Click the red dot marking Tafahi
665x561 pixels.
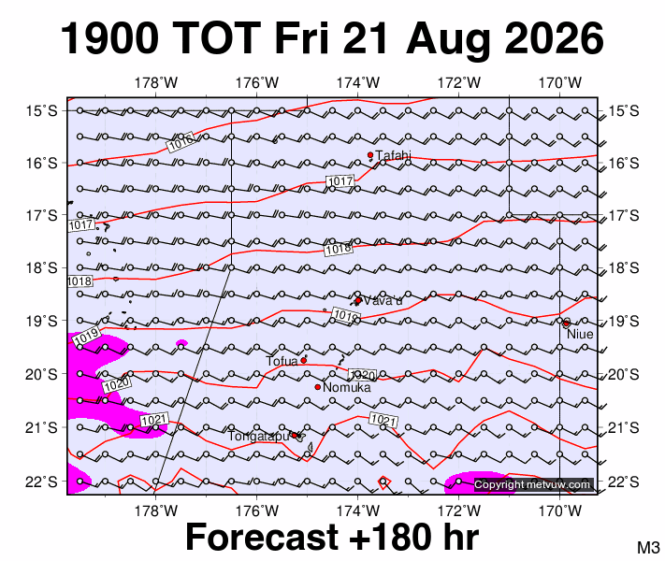(370, 155)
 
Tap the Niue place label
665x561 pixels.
(580, 334)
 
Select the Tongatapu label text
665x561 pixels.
(258, 436)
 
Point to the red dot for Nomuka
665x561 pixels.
(318, 387)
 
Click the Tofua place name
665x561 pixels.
(282, 361)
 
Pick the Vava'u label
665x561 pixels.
(383, 301)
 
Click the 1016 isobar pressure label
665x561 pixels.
(181, 141)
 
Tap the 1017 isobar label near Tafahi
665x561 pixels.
(340, 181)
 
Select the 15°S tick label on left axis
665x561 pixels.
(41, 111)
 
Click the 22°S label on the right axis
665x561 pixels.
(624, 482)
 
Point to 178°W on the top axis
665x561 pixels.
(155, 82)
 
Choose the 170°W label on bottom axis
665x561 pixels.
(560, 511)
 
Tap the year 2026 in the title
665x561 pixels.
(555, 37)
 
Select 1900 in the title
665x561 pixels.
(110, 37)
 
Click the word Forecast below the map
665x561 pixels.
(262, 537)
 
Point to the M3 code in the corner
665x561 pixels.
(648, 547)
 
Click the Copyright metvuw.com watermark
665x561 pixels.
(532, 484)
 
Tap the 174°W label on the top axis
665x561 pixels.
(358, 82)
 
